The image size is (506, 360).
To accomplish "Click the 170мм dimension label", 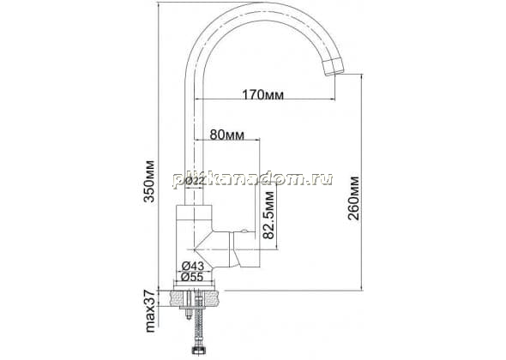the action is (263, 95).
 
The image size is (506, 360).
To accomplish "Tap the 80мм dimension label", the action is (227, 135).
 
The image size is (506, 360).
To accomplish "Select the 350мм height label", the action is (149, 181).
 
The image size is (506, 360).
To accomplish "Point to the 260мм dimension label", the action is (353, 198).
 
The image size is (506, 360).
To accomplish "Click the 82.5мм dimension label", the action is (268, 215).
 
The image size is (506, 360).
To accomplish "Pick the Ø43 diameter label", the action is (193, 266).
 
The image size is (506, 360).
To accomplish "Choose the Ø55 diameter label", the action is (192, 277).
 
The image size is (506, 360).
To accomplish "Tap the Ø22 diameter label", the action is (195, 181).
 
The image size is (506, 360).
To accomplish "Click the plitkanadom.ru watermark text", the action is (253, 179).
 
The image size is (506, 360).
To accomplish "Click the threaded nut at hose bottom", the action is (197, 351).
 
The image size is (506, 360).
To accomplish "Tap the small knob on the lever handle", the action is (244, 231).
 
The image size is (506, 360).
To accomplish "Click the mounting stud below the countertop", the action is (188, 304).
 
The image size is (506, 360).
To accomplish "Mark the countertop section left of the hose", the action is (178, 298).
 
